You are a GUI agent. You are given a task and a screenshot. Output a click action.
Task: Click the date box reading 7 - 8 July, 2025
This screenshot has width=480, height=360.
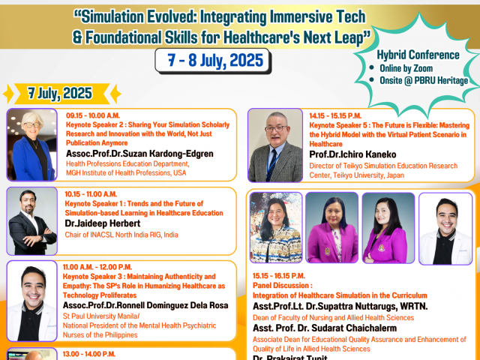213,61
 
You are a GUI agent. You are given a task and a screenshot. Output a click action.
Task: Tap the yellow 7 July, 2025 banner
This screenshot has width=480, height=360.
61,93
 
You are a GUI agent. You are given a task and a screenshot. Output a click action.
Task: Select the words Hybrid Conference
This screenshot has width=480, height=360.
418,55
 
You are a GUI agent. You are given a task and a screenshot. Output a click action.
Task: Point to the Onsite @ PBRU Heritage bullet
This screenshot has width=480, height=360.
418,80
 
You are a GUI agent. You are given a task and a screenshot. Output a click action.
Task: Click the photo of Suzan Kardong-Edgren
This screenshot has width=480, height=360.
31,145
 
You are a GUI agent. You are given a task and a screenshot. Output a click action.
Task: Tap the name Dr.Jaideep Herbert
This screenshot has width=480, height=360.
103,223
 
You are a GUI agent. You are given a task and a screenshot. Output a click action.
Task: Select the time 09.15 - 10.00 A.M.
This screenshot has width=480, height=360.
93,115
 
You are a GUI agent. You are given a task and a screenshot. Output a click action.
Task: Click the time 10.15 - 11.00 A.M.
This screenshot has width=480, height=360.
91,194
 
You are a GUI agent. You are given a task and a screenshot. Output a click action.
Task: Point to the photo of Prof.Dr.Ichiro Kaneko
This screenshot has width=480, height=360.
275,145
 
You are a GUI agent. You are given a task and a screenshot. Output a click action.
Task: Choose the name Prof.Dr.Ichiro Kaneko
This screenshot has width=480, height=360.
352,154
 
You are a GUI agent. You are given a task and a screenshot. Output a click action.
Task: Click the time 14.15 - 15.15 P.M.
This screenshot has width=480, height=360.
335,116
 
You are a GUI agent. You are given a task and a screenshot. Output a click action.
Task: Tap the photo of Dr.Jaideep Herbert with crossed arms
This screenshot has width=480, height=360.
31,221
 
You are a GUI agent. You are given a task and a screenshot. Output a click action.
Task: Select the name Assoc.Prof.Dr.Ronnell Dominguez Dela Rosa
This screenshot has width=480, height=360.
145,305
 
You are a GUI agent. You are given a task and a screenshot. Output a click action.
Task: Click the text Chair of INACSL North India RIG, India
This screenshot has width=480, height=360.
121,235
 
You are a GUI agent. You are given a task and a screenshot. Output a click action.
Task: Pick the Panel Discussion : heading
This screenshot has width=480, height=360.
283,286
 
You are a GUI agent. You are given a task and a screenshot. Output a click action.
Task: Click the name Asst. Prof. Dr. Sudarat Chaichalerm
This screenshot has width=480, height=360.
325,328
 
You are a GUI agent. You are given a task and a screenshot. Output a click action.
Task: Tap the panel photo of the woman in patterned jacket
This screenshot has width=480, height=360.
276,227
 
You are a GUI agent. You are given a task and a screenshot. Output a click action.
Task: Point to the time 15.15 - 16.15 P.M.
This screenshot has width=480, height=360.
278,276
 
